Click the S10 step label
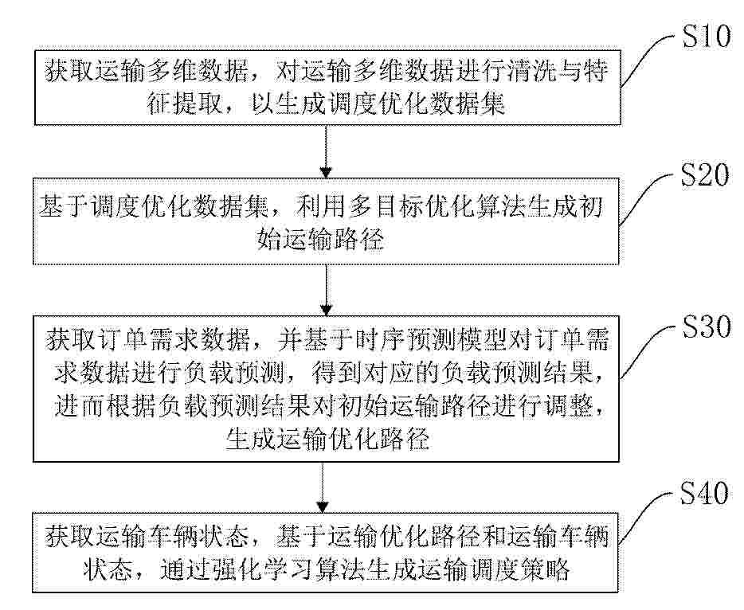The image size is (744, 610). point(707,36)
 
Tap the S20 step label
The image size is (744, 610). point(705,174)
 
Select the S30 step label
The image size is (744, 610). point(707,327)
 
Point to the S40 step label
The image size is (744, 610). point(704,493)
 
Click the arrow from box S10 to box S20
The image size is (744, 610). point(326,151)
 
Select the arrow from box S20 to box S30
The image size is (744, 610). point(326,290)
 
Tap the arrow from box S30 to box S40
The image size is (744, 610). point(323,487)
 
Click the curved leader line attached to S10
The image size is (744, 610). point(647,57)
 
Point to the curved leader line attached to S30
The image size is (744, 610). point(647,350)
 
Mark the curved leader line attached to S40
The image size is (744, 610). point(645,516)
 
